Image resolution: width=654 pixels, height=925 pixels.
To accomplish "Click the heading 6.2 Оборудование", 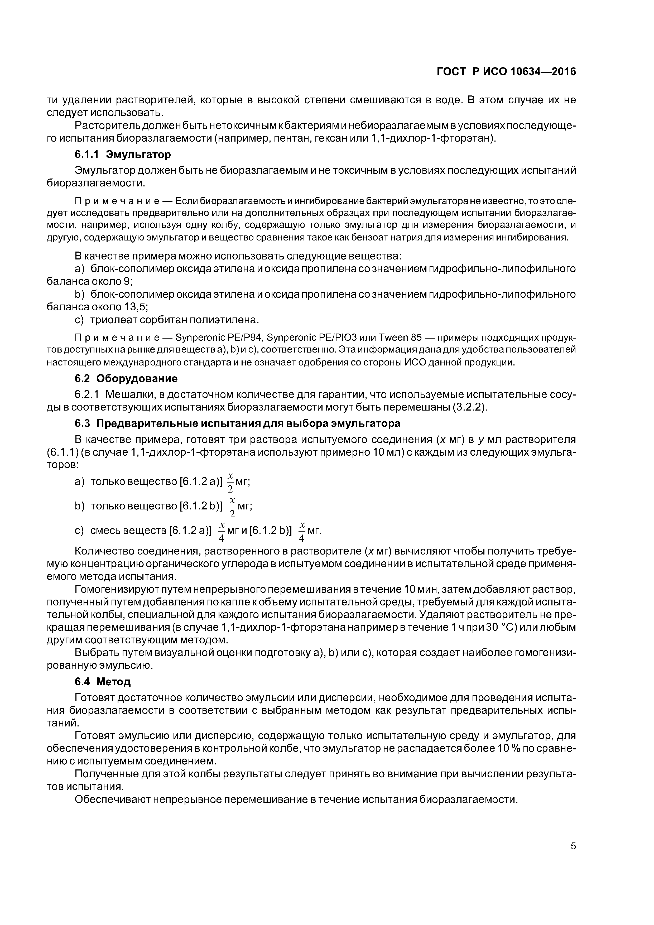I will coord(126,378).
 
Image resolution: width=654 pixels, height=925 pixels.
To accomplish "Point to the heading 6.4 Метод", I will coord(103,682).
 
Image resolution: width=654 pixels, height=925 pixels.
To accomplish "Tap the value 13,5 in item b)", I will coord(136,307).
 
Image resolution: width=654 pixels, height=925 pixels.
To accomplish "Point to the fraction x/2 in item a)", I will coord(230,483).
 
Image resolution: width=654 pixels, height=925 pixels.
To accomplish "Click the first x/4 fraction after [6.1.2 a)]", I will coord(221,532).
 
